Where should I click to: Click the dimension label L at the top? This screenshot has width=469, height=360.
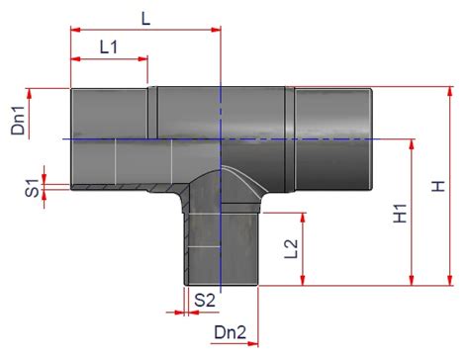coord(145,19)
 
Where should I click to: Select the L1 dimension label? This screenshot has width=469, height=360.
coord(109,47)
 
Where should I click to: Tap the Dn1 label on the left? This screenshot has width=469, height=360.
coord(18,121)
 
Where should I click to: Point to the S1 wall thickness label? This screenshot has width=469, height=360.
coord(32,188)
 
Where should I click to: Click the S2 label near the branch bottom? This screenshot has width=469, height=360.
coord(205,300)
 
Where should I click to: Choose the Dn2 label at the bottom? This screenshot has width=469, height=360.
coord(230,332)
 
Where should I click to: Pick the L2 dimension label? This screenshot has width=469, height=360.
coord(291,249)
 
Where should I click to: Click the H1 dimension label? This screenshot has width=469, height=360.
coord(400,214)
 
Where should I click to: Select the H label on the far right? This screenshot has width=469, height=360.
coord(438,186)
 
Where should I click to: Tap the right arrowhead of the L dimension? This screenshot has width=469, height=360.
coord(216,30)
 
